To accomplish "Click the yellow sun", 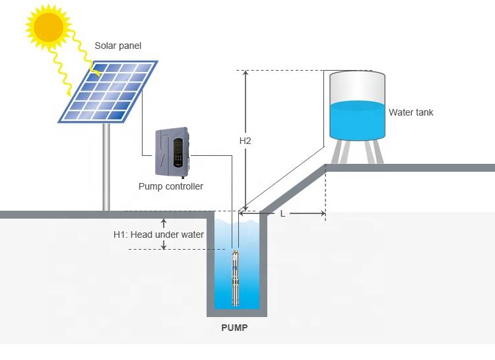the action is coord(49,26).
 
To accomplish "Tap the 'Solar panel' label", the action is coord(117,46).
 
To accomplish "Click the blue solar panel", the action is coord(108,92).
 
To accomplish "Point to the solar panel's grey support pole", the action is coord(106,166).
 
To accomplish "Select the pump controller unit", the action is coord(172,152).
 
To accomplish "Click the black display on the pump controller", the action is coord(178,153).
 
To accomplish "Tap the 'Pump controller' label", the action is coord(171,186).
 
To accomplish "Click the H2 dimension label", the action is coord(245,141).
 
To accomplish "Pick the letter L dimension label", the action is coord(282,214).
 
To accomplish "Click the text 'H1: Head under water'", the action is coord(158,234).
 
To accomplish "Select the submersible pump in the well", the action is coord(235,278).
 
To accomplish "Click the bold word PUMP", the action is coord(234,328).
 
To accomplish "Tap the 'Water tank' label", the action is coord(411,112).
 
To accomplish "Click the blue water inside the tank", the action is coord(357,120).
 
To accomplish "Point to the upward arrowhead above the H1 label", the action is coord(164,221).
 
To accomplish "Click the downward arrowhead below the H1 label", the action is coord(164,246).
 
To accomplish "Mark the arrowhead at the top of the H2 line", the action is coord(246,73).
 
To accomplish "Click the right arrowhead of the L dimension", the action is coord(323,213).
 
